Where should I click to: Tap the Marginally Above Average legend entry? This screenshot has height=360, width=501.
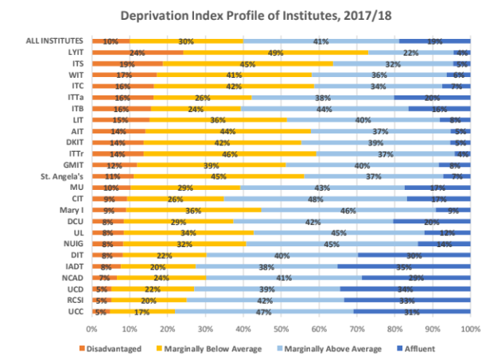pyautogui.click(x=331, y=348)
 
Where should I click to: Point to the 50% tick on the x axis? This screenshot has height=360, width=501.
pyautogui.click(x=281, y=328)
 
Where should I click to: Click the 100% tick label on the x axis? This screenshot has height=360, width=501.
pyautogui.click(x=470, y=328)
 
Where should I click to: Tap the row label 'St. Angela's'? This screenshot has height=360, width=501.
pyautogui.click(x=64, y=176)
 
